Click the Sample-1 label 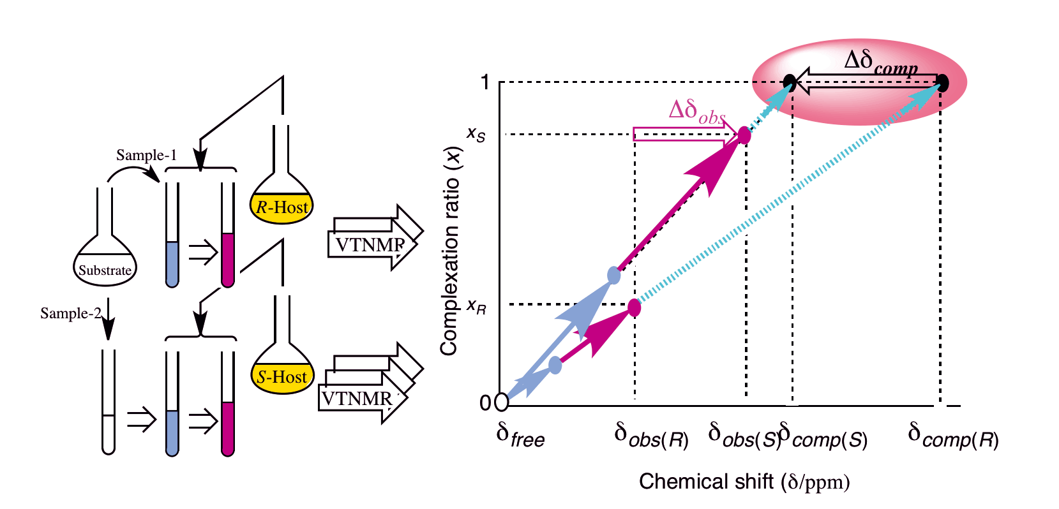pyautogui.click(x=146, y=155)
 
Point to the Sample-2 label pyautogui.click(x=70, y=313)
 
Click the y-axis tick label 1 pyautogui.click(x=484, y=82)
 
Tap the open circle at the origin pyautogui.click(x=502, y=402)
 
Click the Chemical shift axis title pyautogui.click(x=744, y=482)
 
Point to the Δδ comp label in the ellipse pyautogui.click(x=881, y=63)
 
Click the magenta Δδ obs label pyautogui.click(x=697, y=112)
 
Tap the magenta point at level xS pyautogui.click(x=744, y=135)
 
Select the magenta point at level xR pyautogui.click(x=634, y=307)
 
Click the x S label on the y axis pyautogui.click(x=476, y=134)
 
